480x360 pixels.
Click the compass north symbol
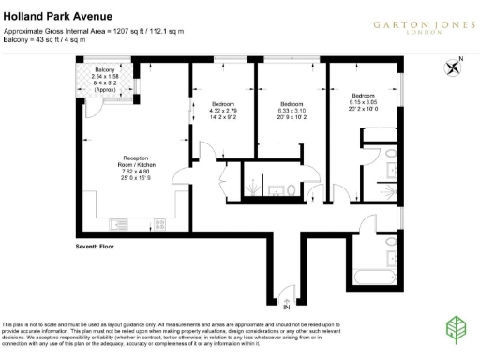[x=456, y=65]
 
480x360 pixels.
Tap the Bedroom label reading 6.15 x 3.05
[x=362, y=101]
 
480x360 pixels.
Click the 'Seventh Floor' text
[x=96, y=247]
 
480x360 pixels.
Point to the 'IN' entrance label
[x=287, y=307]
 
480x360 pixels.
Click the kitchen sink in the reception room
[x=119, y=224]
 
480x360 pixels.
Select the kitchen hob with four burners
[x=160, y=224]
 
